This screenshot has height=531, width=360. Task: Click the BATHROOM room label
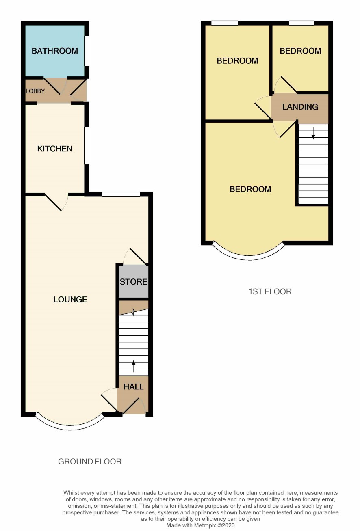54,51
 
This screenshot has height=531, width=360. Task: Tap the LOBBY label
35,91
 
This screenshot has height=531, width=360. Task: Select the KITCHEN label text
55,149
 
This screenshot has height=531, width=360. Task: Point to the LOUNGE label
70,300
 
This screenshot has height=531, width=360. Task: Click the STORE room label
133,282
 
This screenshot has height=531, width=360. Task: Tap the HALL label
133,386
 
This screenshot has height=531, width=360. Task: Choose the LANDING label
300,107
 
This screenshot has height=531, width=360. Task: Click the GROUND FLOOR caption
90,462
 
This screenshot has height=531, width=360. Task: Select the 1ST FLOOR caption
270,291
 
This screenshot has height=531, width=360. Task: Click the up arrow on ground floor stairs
133,366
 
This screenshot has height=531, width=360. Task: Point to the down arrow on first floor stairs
313,133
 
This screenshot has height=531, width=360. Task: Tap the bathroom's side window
87,51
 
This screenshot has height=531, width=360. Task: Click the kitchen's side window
87,146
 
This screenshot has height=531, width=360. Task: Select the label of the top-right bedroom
300,51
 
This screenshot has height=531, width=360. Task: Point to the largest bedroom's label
250,189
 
